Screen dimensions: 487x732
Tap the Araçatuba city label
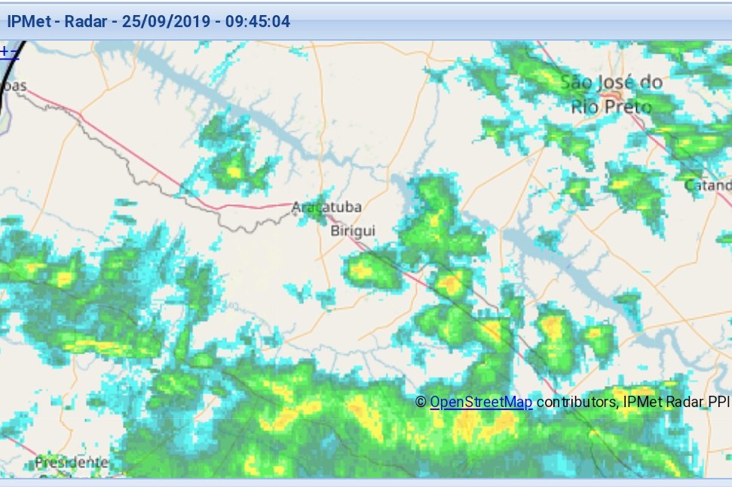(x=326, y=207)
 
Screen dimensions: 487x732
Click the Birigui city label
(x=352, y=231)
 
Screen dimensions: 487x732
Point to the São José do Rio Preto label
(x=611, y=94)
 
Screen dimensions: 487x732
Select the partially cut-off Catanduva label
(x=708, y=185)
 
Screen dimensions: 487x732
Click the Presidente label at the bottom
(x=71, y=461)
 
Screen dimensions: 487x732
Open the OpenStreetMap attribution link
(x=481, y=403)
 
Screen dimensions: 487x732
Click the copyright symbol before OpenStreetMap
(x=421, y=403)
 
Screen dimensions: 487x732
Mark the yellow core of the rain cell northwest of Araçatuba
(x=233, y=171)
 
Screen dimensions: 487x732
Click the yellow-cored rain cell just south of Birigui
(x=365, y=269)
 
